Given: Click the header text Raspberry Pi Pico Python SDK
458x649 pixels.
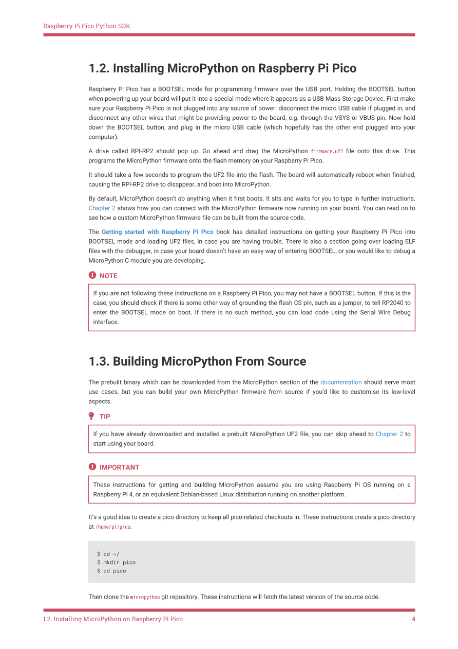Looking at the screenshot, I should click(86, 26).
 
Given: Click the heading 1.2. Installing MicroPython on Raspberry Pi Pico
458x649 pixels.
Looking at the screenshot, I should click(222, 68).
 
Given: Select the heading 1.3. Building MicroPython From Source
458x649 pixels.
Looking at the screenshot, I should click(197, 362).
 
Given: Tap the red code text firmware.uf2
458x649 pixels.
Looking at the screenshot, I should click(327, 151).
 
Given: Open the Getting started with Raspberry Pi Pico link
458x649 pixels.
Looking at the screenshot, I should click(157, 232).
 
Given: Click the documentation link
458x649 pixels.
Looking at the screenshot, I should click(341, 382).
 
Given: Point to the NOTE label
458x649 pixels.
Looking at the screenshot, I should click(108, 276).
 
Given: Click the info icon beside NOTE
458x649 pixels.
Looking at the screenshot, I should click(92, 276).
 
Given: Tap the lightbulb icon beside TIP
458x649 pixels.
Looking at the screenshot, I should click(92, 416).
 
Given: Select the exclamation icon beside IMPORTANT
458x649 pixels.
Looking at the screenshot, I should click(92, 467).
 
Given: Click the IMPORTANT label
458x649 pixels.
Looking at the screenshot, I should click(119, 467).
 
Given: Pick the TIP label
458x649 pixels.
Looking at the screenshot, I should click(105, 417).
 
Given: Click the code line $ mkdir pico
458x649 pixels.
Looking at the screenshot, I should click(116, 563).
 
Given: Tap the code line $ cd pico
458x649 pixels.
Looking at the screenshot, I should click(111, 571).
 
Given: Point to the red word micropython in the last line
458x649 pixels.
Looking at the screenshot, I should click(145, 597).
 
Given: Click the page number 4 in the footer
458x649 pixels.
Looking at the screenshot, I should click(413, 619).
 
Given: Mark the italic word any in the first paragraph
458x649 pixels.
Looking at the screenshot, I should click(224, 108).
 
